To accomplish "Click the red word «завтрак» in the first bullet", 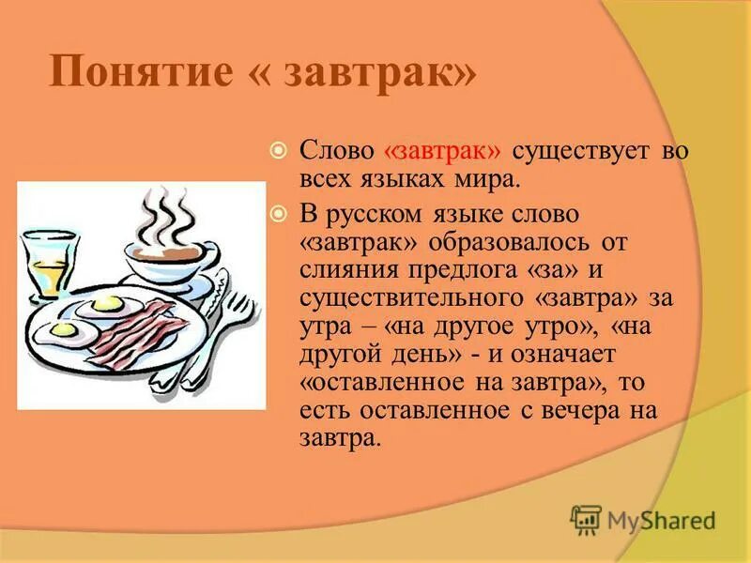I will pyautogui.click(x=443, y=152).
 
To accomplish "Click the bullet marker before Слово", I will pyautogui.click(x=278, y=150).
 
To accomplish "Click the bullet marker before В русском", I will pyautogui.click(x=278, y=214).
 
